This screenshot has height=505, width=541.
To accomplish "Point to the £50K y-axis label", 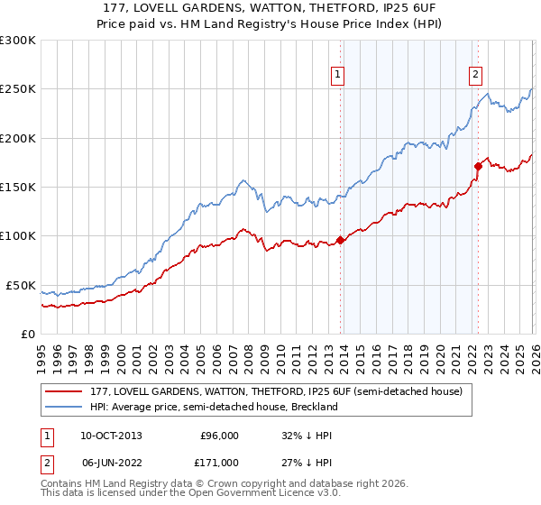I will click(19, 285).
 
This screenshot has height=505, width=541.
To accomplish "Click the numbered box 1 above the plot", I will click(337, 76).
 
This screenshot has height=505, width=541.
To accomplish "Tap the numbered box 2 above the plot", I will click(475, 76).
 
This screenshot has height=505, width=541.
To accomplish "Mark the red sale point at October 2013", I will click(340, 240).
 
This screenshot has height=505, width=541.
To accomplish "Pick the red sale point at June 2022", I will click(478, 166).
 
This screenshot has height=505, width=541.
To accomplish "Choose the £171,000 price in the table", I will click(219, 462).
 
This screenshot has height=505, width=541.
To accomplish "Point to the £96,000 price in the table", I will click(219, 435).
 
